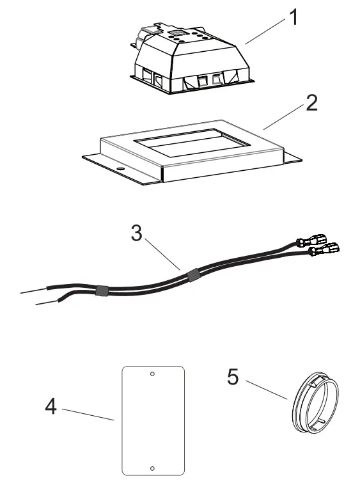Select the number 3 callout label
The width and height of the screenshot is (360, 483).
point(136,234)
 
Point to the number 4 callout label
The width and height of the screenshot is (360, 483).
point(50,406)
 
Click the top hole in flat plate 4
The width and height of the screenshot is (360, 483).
point(152,374)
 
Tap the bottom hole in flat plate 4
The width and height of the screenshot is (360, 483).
point(152,468)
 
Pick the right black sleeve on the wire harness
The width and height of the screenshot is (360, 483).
point(192,276)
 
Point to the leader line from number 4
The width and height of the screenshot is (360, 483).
point(88,413)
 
